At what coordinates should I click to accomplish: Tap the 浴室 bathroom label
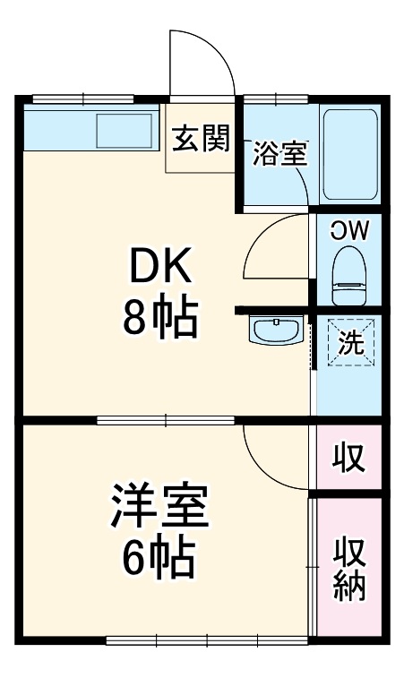click(x=279, y=154)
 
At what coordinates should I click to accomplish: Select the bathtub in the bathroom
click(x=350, y=154)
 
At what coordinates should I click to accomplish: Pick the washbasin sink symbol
click(x=277, y=331)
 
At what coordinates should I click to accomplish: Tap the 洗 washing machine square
click(x=349, y=341)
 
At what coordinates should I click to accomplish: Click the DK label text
click(x=159, y=266)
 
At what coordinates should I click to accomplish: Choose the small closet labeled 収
click(x=349, y=458)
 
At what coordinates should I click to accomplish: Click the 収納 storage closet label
click(x=349, y=568)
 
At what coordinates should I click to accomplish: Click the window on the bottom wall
click(x=206, y=639)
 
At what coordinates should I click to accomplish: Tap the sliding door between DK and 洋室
click(x=166, y=419)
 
